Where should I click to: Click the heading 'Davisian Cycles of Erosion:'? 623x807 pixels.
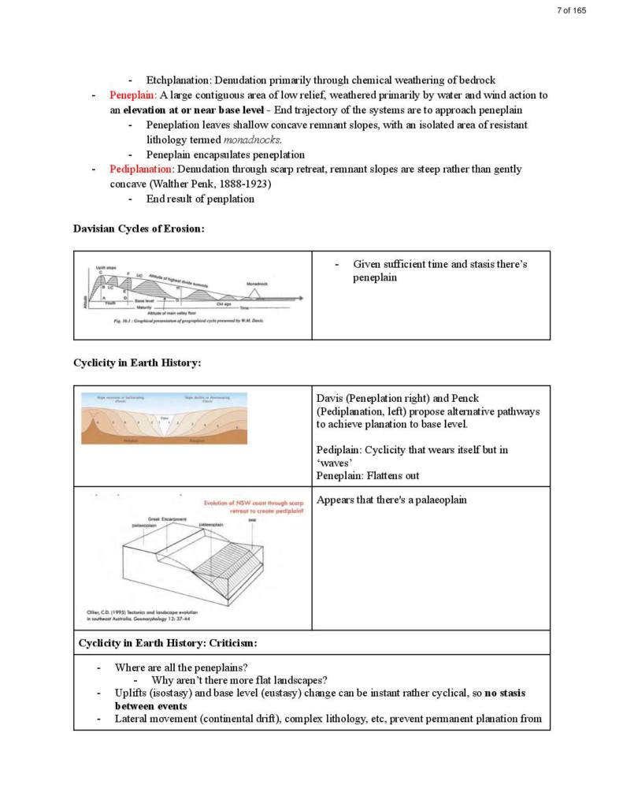[x=139, y=229]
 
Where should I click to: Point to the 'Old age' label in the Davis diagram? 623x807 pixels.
[x=223, y=304]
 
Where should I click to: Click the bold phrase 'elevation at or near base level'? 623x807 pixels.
[x=193, y=110]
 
